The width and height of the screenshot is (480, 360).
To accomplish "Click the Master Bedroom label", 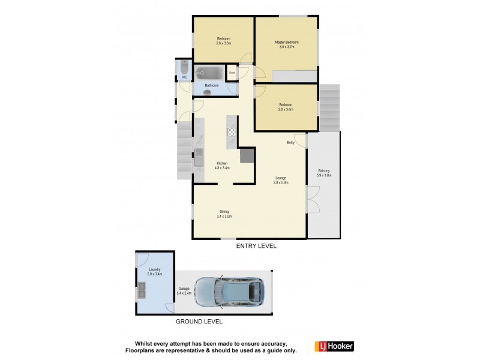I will tap(287, 42).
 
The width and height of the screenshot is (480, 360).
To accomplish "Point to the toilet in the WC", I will tap(184, 67).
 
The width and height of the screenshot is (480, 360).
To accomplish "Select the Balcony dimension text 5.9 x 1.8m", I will tap(324, 175).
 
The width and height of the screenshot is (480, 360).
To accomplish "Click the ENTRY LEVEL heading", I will tap(257, 246).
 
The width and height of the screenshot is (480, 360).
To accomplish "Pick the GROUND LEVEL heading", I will tap(199, 322).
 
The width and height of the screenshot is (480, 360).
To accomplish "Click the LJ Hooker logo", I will tap(334, 346).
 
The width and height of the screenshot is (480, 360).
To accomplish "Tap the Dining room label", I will tap(224, 211).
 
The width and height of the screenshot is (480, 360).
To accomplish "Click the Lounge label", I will tap(281, 178).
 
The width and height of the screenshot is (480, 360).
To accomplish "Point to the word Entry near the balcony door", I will tap(291, 142).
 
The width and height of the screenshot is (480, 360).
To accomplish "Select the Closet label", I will tap(232, 73).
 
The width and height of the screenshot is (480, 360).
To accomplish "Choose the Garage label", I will tap(184, 289).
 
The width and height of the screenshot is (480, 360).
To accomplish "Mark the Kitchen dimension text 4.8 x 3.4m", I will tap(223, 168).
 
